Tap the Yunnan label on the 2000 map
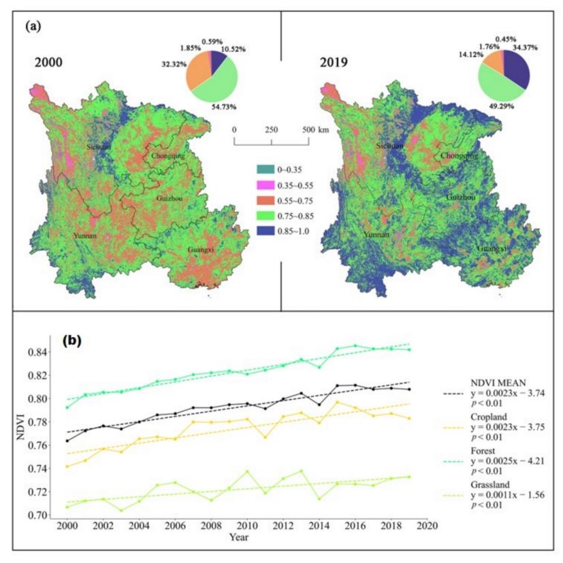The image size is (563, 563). tap(86, 236)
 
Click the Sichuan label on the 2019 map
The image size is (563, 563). tap(390, 146)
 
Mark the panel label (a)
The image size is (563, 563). tap(35, 27)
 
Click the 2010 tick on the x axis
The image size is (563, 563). tap(247, 526)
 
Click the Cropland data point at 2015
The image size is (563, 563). tap(337, 402)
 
